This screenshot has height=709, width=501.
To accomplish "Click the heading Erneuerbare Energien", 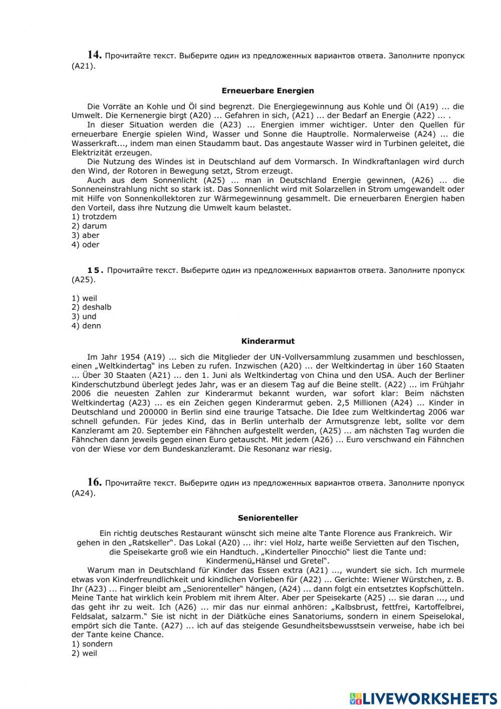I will [268, 91].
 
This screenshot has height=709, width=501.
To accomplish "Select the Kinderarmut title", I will [268, 341].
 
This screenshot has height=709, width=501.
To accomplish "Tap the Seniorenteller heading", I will [268, 518].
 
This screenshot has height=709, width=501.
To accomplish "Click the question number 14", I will [95, 55].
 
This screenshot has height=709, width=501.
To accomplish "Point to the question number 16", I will [95, 482].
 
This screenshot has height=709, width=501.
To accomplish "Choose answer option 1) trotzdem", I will [94, 217].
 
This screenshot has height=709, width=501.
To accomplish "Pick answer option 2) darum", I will [89, 226].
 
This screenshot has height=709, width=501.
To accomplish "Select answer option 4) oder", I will [86, 245].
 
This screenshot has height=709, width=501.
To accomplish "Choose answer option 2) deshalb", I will [91, 307].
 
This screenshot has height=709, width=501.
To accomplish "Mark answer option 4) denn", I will [86, 326].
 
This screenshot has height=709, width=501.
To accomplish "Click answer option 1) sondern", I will [92, 644].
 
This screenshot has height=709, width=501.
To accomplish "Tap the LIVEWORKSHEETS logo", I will [423, 698].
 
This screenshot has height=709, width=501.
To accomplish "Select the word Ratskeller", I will [151, 543].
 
